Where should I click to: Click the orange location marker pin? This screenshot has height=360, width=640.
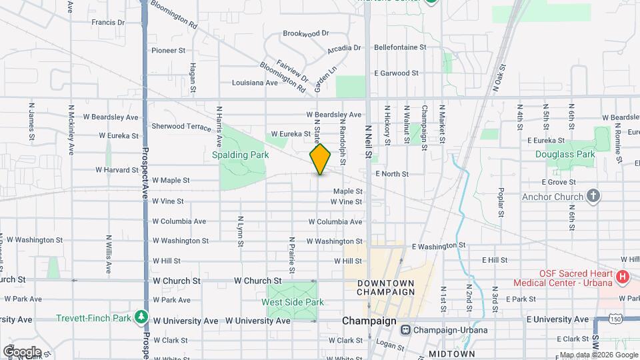coord(321,159)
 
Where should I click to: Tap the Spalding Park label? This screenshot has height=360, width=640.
coord(240,155)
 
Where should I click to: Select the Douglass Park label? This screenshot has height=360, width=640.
coord(565,154)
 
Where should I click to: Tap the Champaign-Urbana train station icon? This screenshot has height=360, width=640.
coord(405,329)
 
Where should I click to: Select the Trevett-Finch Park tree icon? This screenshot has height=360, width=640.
coord(141,317)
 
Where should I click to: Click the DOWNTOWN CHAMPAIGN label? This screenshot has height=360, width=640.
coord(386,287)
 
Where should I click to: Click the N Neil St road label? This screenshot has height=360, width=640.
coord(368,141)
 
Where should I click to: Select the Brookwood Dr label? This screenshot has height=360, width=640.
coord(306,33)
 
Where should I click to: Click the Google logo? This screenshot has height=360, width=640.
coord(21,351)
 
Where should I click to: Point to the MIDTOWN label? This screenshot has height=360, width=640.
coord(453,353)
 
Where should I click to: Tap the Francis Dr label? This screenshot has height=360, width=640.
coord(108,22)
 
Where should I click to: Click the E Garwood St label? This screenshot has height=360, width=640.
coord(396,73)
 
